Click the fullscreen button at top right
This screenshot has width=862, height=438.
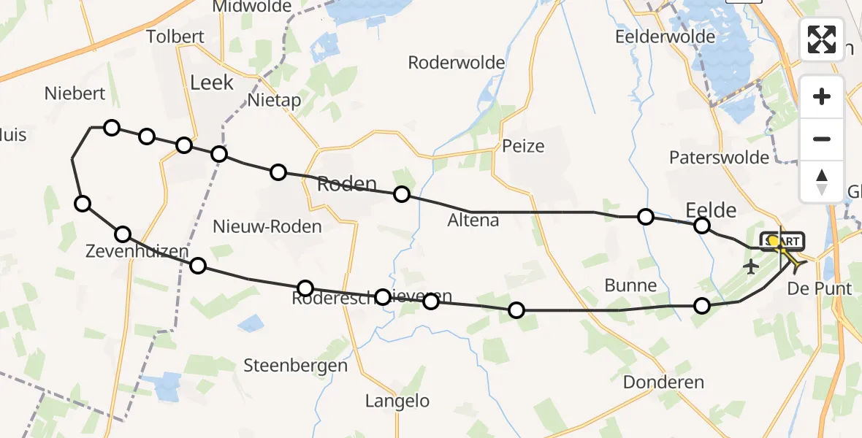pos(822,39)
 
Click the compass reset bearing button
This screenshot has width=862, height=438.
pos(822,182)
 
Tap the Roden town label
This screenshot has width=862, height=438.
pos(347,185)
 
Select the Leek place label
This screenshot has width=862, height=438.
pos(212,82)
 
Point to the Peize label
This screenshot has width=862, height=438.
pos(523,146)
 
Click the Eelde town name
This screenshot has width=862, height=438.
pos(711,210)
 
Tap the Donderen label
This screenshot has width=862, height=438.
pos(663,382)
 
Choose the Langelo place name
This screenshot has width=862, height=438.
pos(397,401)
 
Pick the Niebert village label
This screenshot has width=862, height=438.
pos(75,93)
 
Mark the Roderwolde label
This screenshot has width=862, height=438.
pos(456,63)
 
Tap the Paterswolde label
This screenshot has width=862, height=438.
pos(719,158)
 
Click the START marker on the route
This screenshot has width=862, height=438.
pos(783,241)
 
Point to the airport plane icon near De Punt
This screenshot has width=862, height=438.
pos(750,267)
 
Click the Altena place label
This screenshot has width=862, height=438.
pos(473,220)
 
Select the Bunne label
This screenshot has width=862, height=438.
pos(630,285)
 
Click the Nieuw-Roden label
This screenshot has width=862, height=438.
pos(267,227)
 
